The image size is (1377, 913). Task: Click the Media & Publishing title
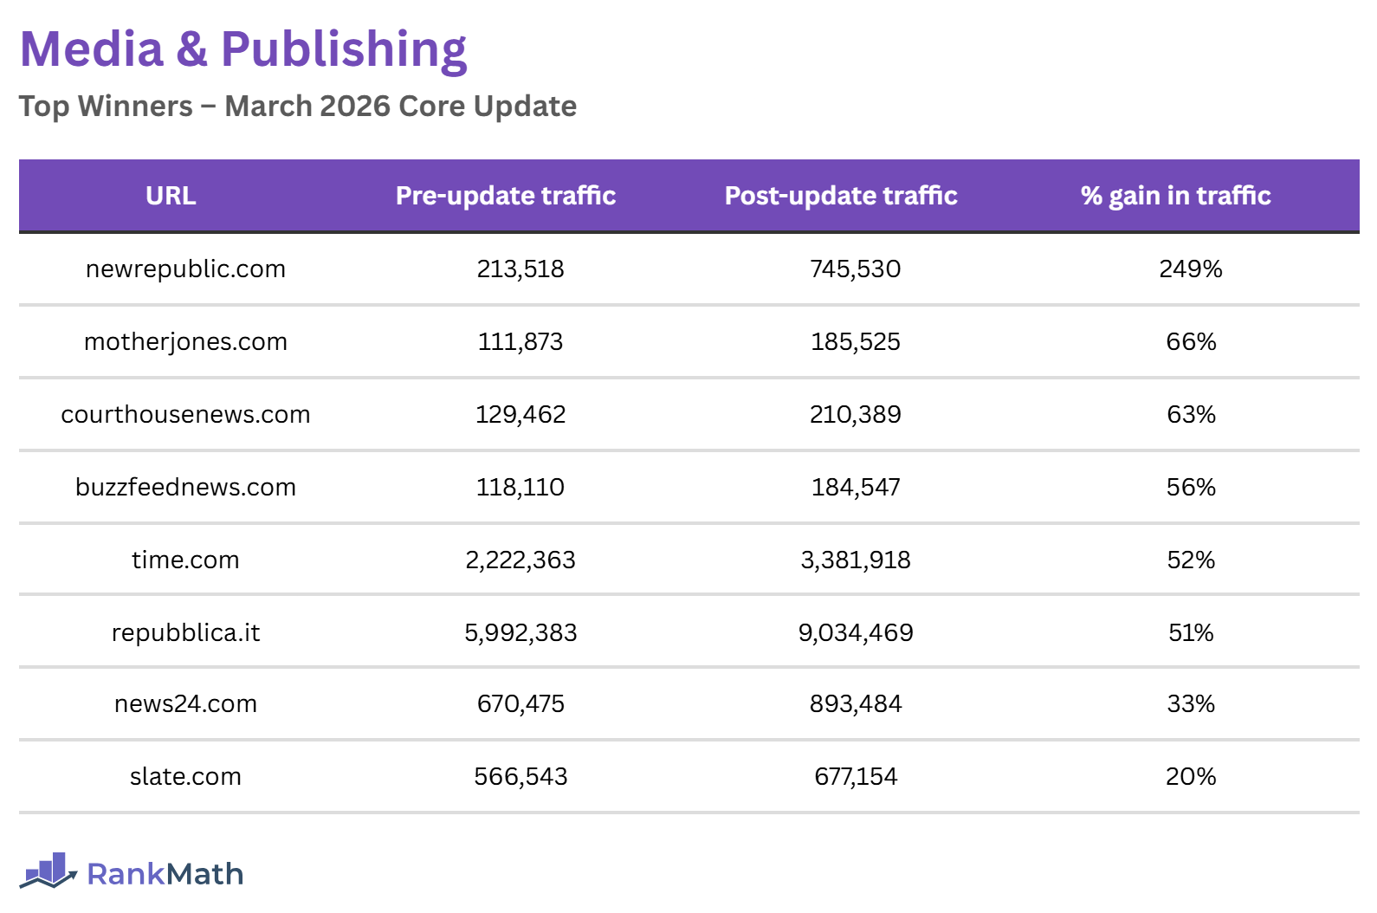point(243,49)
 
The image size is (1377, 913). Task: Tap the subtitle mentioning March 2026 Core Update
point(297,106)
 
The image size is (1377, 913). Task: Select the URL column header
point(171,196)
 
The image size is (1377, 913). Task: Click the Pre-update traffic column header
point(506,196)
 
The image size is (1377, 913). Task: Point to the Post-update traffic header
point(841,196)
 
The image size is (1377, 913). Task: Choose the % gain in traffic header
point(1175,196)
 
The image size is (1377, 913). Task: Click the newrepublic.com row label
point(185,269)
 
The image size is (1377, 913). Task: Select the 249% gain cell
point(1191,269)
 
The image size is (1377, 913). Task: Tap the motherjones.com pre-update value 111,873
point(520,342)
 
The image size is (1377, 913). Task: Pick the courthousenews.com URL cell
point(185,415)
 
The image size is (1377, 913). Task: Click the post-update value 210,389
point(856,415)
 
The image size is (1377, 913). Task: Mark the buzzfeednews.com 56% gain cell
point(1191,488)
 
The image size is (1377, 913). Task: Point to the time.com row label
point(185,560)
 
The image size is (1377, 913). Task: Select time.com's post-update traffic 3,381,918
point(856,560)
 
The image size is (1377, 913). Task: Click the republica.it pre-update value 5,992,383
point(520,633)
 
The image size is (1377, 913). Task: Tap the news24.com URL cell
point(185,704)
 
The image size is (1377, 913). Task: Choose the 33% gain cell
point(1191,704)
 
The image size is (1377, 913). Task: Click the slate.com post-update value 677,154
point(856,777)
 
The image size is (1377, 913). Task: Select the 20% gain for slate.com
point(1191,777)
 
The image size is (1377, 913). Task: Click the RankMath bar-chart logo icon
point(48,871)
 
